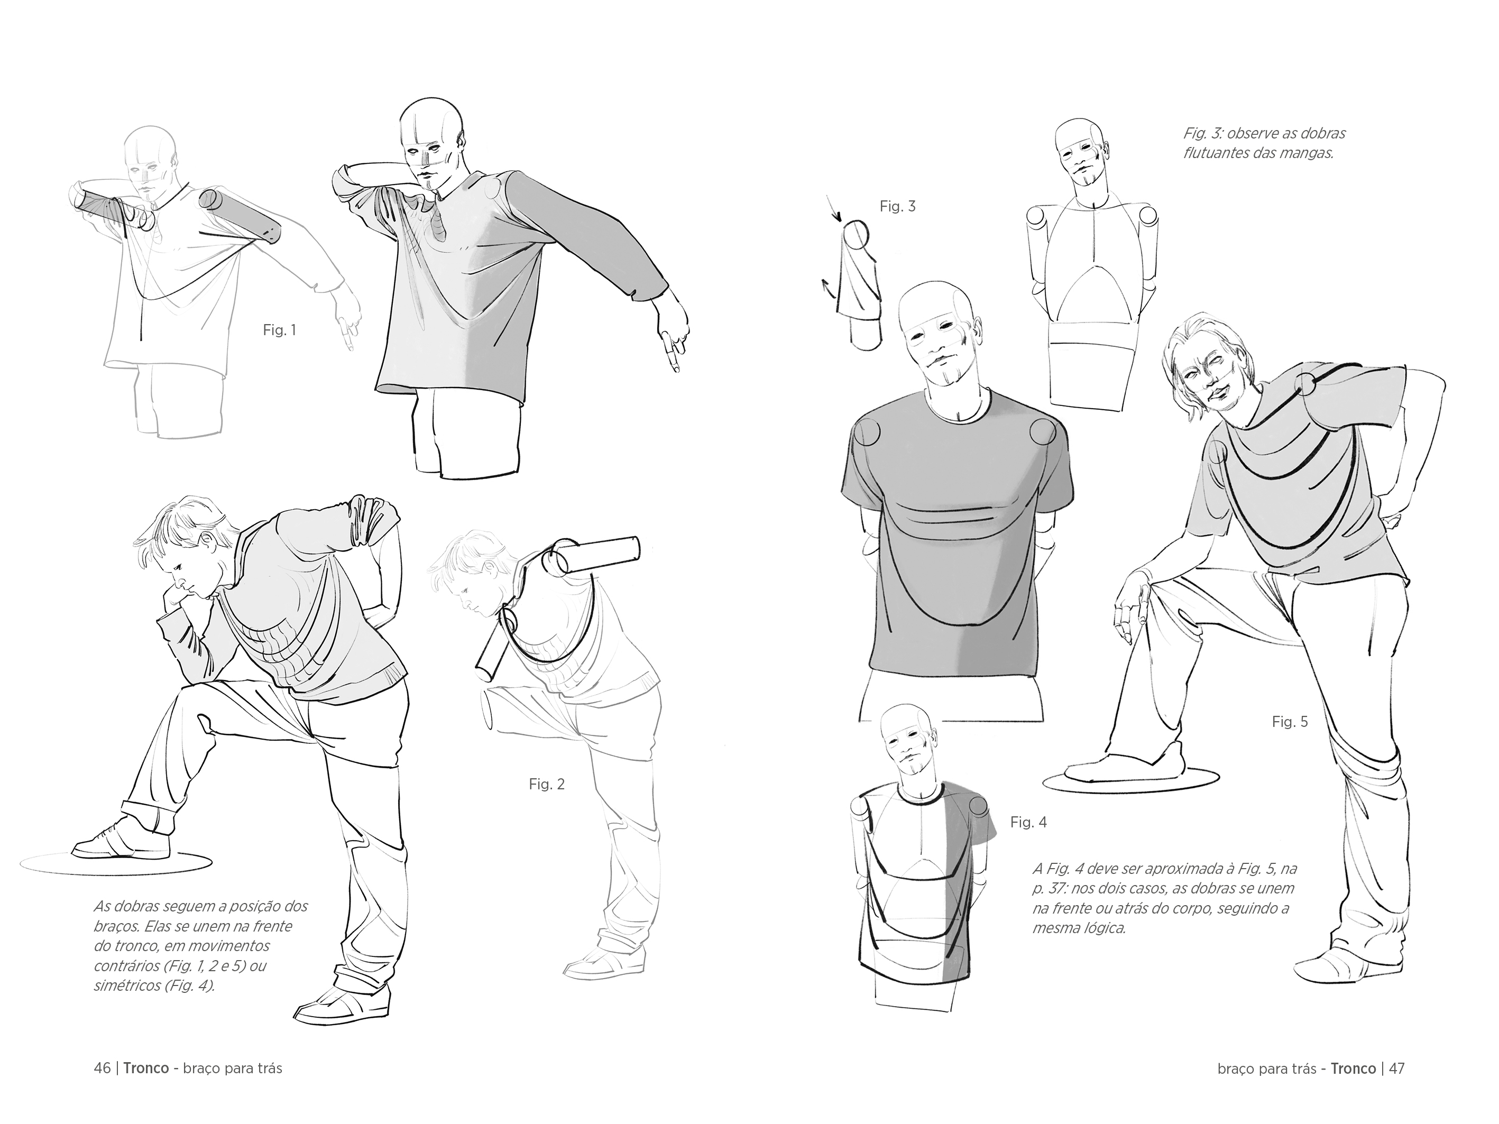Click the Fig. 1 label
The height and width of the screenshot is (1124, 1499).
point(279,330)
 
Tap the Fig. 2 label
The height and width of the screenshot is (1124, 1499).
point(546,784)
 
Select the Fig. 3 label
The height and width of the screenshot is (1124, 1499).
point(897,207)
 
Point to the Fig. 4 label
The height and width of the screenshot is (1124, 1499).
point(1028,823)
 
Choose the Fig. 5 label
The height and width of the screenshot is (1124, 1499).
point(1290,722)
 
